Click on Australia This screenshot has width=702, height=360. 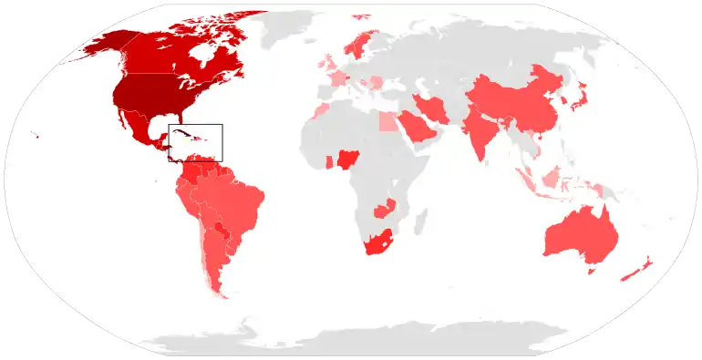pyautogui.click(x=580, y=237)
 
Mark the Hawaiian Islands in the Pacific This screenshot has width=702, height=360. pyautogui.click(x=35, y=137)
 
